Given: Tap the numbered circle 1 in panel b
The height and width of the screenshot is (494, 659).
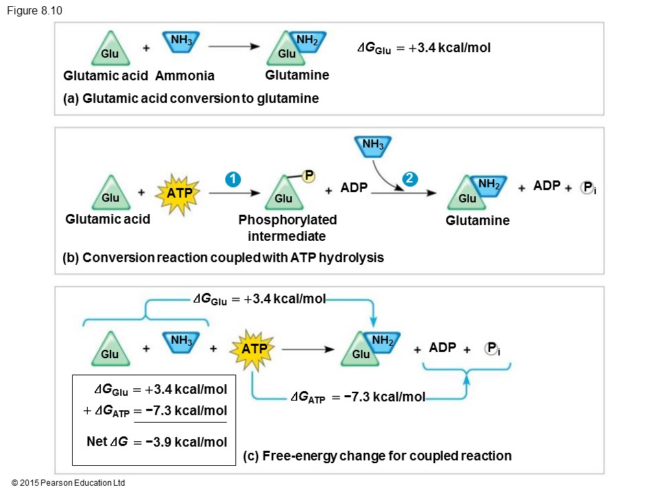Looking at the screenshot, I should tap(234, 180).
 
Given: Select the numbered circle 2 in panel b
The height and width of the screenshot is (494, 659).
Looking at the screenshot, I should tap(410, 180).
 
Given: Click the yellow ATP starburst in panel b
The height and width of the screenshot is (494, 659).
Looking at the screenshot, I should tap(181, 194).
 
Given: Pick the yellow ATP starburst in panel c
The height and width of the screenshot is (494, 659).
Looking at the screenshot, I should tap(254, 349).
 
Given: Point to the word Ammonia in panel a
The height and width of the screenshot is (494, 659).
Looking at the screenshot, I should tap(185, 75).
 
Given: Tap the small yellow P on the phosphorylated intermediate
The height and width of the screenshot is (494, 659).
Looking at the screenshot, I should tap(309, 176).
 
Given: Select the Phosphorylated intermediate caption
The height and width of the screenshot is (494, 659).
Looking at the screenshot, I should tap(288, 228).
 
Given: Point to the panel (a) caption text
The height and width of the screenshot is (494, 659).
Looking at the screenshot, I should tap(191, 98).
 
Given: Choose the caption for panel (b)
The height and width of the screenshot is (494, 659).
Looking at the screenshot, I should tap(223, 258).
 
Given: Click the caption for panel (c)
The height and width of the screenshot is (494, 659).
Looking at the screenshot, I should tap(378, 456).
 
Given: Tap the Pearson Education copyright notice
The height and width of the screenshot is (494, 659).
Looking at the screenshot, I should tap(69, 483).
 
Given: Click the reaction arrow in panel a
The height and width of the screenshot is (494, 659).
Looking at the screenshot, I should tap(233, 47).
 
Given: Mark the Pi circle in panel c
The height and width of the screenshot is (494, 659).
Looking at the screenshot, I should tap(492, 349).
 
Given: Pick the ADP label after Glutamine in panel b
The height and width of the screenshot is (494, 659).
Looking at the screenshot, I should tap(546, 185).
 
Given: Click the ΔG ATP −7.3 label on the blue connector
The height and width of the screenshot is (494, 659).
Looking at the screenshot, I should tap(358, 397).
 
